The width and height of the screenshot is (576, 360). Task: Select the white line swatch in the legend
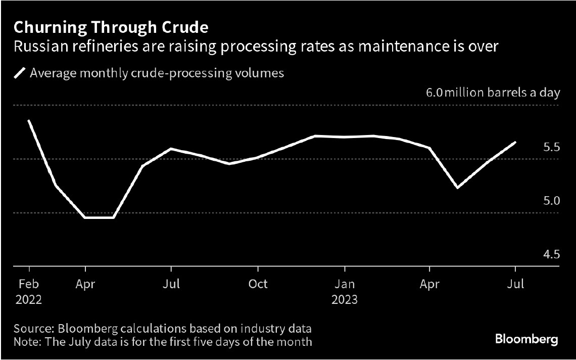tap(20, 73)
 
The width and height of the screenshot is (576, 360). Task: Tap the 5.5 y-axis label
tap(550, 147)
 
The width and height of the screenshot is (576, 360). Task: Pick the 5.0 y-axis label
tap(550, 201)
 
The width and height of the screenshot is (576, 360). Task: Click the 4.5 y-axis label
tap(550, 254)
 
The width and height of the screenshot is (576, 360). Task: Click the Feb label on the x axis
tap(29, 284)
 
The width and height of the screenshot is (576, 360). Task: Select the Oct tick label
tap(258, 284)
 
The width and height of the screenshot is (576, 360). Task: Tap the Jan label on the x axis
tap(344, 284)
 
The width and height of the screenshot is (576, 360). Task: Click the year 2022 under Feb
tap(29, 299)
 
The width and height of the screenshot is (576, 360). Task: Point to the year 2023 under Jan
tap(344, 299)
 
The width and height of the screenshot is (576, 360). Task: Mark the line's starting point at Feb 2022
tap(29, 121)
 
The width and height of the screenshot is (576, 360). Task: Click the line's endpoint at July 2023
tap(515, 142)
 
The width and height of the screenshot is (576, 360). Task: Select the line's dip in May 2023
tap(457, 188)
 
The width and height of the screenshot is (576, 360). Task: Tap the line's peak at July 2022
tap(172, 149)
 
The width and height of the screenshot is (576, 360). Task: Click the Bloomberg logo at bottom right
tap(527, 339)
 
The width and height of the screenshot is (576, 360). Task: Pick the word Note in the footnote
tap(26, 342)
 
